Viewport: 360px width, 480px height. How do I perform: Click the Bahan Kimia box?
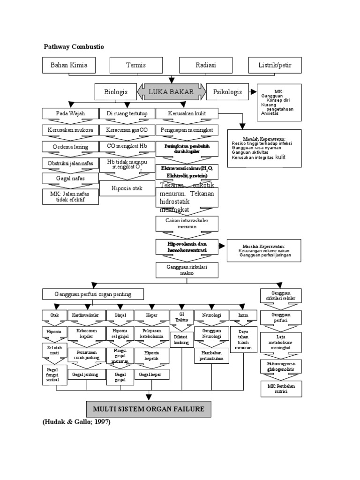pos(69,65)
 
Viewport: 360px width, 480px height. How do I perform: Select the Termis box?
pos(136,65)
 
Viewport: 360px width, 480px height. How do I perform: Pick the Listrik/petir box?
pos(275,65)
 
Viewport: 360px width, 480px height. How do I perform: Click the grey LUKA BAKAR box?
pos(171,92)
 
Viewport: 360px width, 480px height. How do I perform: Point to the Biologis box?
pos(116,92)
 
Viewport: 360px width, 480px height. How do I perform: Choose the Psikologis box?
pos(227,92)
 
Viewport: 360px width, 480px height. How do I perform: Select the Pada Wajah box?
pos(70,114)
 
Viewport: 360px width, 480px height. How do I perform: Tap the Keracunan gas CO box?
pos(126,129)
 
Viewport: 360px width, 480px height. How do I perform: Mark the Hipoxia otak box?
pos(126,188)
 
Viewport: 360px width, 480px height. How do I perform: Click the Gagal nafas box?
pos(70,179)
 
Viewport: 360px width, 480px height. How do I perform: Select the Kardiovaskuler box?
pos(86,315)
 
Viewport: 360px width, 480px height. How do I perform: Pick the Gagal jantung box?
pos(86,375)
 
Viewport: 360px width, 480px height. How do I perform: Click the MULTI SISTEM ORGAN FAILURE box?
pos(149,409)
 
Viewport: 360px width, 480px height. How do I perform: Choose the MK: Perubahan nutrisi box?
pos(281,389)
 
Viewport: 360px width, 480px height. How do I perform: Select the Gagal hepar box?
pos(151,375)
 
